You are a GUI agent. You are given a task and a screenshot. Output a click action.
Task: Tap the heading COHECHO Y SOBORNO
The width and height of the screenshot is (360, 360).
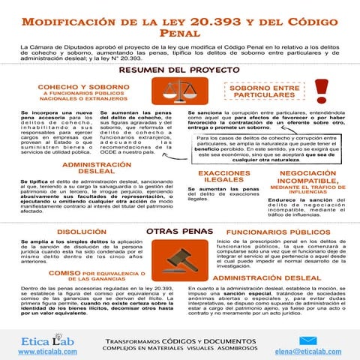click(x=73, y=87)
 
